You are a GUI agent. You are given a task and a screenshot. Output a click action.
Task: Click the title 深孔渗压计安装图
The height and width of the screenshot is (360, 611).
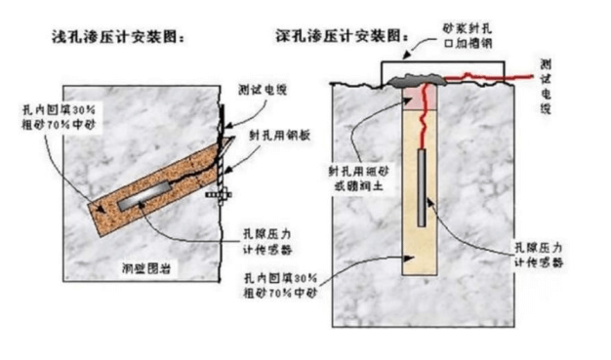[x=343, y=37]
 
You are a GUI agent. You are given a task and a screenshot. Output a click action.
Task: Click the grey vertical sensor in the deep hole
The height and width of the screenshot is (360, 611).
[x=423, y=185]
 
